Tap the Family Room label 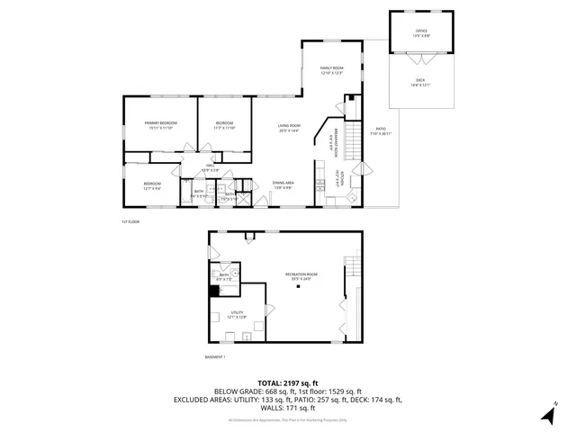coord(332,69)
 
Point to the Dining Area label coord(284,184)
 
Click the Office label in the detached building coord(420,33)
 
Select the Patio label coord(380,131)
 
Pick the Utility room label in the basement coord(237,314)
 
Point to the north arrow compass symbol coord(548,413)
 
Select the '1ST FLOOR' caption coord(130,220)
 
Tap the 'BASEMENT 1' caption coord(215,356)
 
